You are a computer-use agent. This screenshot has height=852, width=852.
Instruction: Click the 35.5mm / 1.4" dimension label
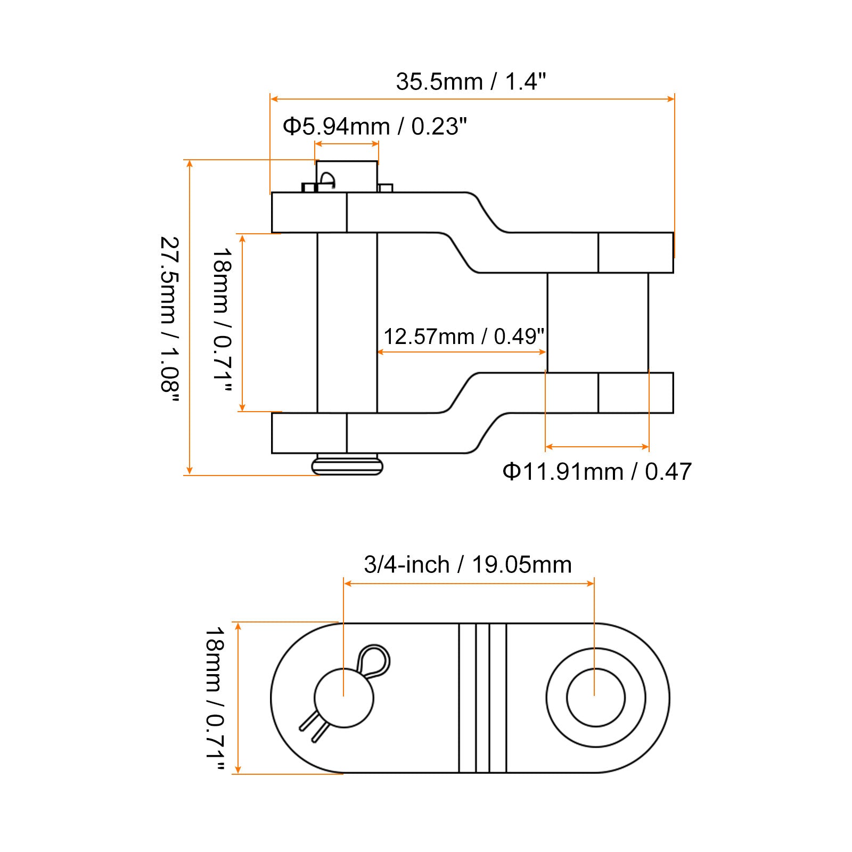coord(471,82)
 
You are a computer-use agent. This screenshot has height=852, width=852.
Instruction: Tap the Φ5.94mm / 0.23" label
coord(374,127)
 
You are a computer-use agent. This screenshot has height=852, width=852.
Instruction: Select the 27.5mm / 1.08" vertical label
coord(170,321)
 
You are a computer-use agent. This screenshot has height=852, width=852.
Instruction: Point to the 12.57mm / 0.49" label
coord(464,337)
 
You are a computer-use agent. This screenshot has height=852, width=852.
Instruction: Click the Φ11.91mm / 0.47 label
coord(597,471)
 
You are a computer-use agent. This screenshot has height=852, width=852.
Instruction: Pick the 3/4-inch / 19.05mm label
coord(468,564)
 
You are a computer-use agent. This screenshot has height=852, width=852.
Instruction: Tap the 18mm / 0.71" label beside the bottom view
coord(215,699)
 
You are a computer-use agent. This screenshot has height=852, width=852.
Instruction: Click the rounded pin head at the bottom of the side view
coord(347,464)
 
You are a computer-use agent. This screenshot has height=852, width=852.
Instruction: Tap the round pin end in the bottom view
coord(344,698)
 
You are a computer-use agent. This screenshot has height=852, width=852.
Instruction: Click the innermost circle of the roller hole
coord(596,698)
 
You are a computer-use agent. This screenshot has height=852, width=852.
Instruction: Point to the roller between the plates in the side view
coord(598,323)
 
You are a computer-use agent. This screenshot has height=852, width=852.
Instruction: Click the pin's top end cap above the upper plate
coord(347,176)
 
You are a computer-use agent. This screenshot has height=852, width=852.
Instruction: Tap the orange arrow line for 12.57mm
coord(462,352)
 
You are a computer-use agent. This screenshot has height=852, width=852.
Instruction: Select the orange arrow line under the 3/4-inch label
coord(469,584)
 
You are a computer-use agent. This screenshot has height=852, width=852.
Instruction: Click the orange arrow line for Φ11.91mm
coord(597,447)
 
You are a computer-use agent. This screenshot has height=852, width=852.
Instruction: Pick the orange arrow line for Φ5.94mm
coord(347,144)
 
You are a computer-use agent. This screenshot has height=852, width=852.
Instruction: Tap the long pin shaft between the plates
coord(347,323)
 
